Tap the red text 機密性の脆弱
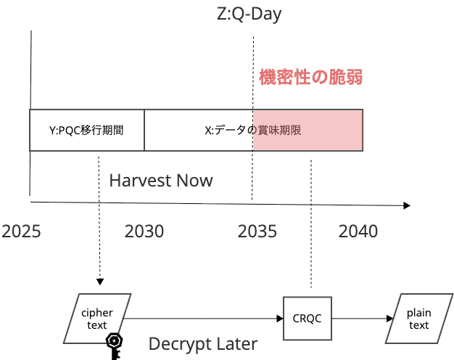pos(310,78)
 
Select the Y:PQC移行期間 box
pos(87,131)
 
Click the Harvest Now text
pos(161,180)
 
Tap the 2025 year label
pos(21,231)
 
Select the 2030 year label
pos(144,231)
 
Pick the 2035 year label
pos(257,231)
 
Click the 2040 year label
pos(358,231)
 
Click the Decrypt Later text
pos(203,343)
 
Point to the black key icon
pos(115,345)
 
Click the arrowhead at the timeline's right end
pos(406,205)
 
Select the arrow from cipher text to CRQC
pos(203,318)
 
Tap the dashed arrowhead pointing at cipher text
pos(100,282)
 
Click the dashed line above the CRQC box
pos(310,218)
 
